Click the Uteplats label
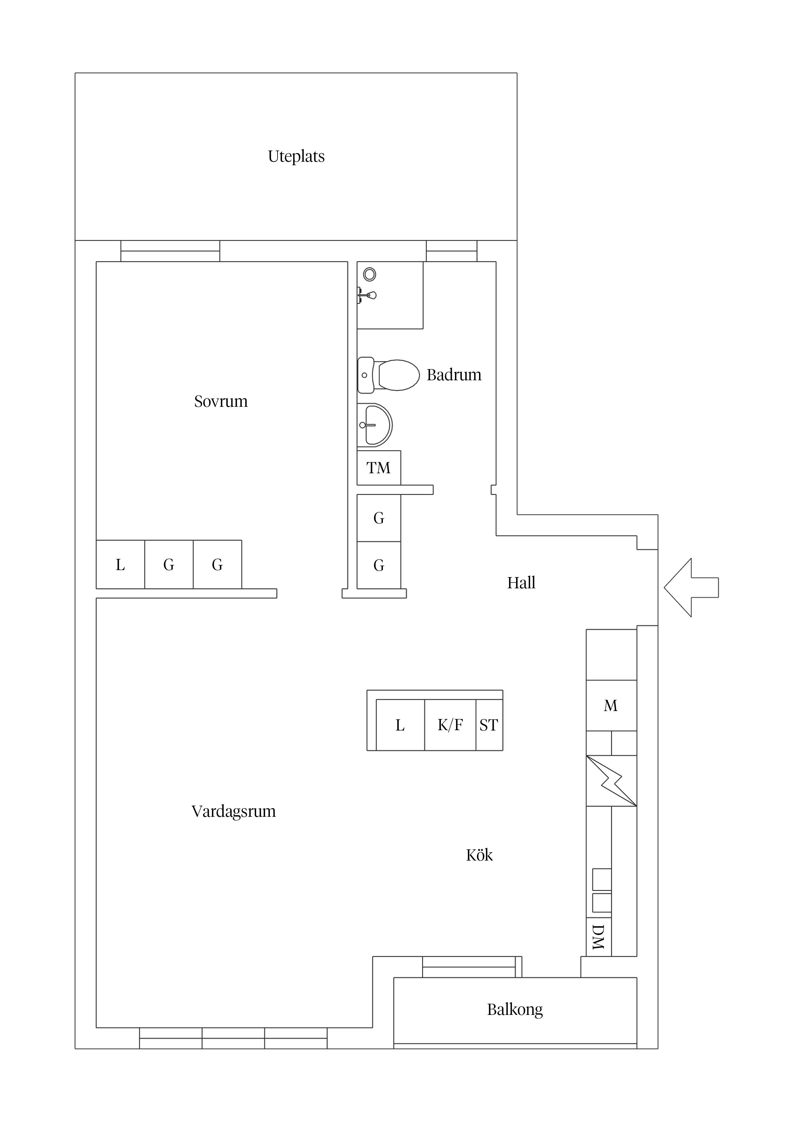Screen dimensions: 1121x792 296,157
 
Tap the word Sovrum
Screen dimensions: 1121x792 221,401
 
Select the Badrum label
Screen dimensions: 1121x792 454,375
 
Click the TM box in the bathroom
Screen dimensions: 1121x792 379,468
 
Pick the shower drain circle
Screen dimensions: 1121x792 369,274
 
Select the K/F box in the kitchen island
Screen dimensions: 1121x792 450,725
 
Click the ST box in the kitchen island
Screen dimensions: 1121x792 489,725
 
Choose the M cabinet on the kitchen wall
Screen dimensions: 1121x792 611,706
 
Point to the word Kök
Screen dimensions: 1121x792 479,855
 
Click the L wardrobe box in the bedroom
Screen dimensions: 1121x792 120,565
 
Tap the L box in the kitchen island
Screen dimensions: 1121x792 400,725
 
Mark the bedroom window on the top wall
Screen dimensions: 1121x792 170,251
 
